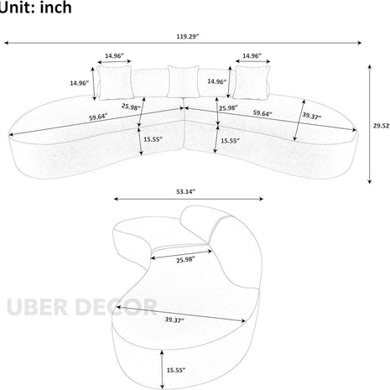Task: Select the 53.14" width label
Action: coord(185,192)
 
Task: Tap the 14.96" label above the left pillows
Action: coord(114,57)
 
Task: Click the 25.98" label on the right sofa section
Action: coord(230,108)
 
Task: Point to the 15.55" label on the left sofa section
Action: coord(153,141)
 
